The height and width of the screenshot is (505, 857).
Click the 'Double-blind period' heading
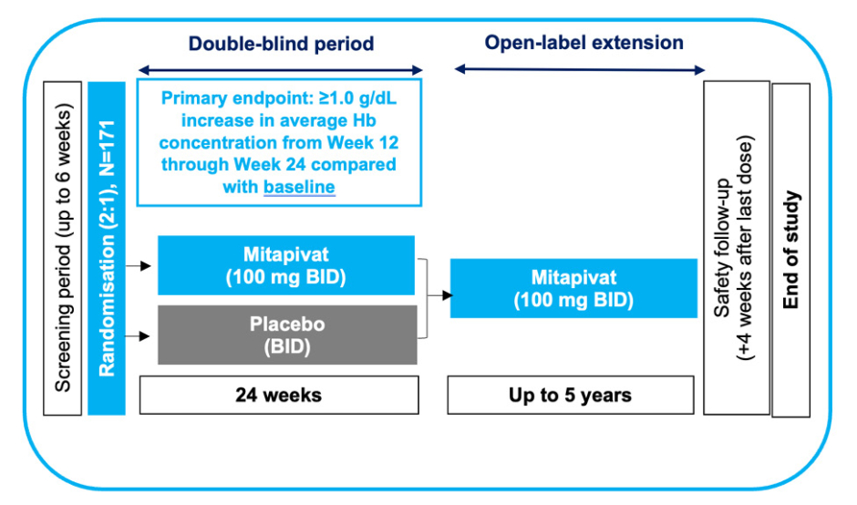click(x=281, y=44)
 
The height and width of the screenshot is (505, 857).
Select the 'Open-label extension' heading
click(x=583, y=43)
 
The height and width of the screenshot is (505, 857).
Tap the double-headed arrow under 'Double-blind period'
click(x=281, y=70)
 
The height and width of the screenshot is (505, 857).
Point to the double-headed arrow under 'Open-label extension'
click(x=581, y=70)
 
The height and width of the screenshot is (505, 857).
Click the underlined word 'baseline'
click(x=299, y=187)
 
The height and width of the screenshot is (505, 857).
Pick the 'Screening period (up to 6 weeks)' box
click(x=62, y=247)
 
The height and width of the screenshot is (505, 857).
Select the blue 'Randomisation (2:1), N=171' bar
click(x=106, y=247)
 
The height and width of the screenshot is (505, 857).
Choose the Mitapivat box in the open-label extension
click(x=572, y=287)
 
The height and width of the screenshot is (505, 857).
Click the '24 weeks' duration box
click(x=278, y=395)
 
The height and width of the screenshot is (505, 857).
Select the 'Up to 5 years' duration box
click(x=570, y=395)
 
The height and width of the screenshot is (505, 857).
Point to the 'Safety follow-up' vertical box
click(x=735, y=247)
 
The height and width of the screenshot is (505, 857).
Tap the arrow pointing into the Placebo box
click(x=139, y=335)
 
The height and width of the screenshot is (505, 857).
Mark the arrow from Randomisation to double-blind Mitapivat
click(x=139, y=265)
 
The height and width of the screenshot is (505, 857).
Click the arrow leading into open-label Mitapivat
click(x=438, y=295)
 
